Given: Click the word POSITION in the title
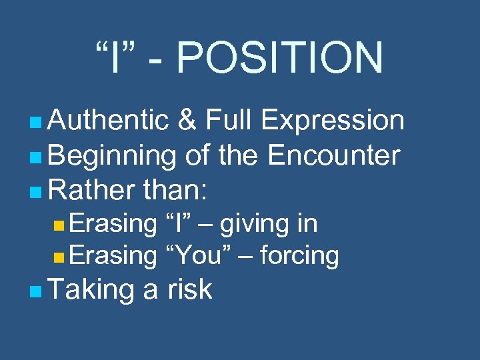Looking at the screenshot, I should [x=280, y=57].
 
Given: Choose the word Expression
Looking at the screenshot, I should [x=333, y=121].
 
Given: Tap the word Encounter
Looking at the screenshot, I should [x=333, y=156].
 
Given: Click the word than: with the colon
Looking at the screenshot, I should [x=176, y=191].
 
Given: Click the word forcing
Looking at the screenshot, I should [x=299, y=255].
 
